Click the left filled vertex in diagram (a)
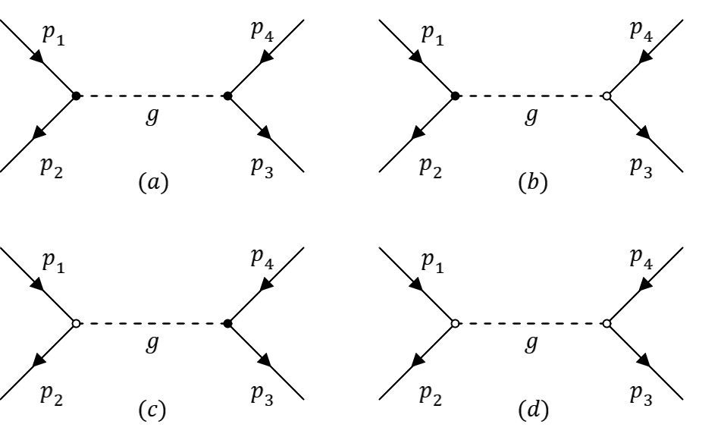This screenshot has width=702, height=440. [76, 96]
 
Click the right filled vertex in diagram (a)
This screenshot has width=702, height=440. [227, 96]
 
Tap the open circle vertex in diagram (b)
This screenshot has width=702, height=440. [606, 96]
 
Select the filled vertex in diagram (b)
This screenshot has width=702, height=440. [455, 96]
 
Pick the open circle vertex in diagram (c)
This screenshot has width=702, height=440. [76, 323]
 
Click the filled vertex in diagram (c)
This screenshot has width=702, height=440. [227, 323]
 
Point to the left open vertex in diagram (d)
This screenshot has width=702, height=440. [455, 323]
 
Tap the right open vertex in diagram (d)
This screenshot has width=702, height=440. [606, 323]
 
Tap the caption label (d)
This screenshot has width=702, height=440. [531, 414]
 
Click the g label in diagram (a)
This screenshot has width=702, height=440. [152, 119]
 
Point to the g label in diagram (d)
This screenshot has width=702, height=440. [531, 347]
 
